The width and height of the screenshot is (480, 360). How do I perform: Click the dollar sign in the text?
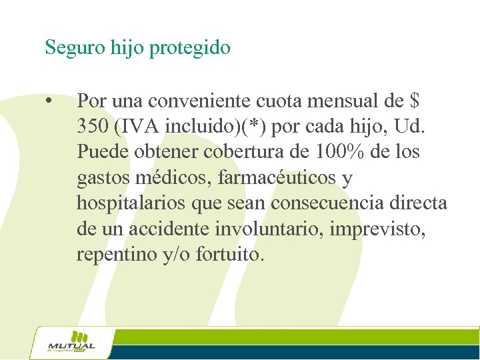(x=415, y=101)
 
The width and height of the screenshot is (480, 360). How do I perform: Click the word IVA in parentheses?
(x=136, y=127)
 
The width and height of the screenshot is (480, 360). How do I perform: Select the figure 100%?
(x=339, y=152)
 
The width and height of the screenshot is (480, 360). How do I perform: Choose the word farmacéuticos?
(x=277, y=178)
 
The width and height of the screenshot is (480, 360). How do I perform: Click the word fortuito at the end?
(x=230, y=254)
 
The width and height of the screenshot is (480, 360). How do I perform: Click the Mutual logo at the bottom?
(x=72, y=343)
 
